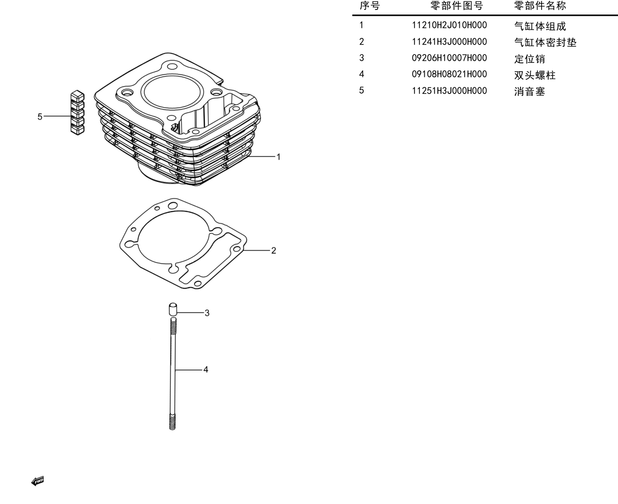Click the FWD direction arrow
[37, 481]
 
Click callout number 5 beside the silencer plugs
[40, 117]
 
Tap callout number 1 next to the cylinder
[279, 157]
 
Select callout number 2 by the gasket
[274, 250]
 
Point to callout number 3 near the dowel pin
[207, 313]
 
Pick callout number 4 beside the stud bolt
[206, 370]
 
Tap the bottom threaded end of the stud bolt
[172, 422]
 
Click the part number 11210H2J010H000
[449, 25]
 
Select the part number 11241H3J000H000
[449, 42]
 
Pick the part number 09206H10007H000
[449, 58]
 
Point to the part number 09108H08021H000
[449, 74]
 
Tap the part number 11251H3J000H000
[449, 91]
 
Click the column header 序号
[369, 5]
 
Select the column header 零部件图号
[457, 5]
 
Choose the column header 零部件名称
[540, 5]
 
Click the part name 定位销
[529, 59]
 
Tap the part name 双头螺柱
[535, 75]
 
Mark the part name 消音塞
[529, 91]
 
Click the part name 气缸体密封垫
[545, 43]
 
